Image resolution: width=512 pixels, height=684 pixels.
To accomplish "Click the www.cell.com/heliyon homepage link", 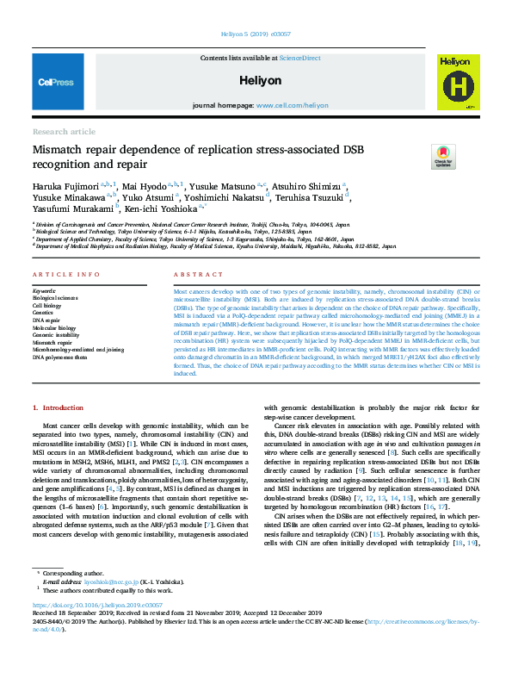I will coord(293,105).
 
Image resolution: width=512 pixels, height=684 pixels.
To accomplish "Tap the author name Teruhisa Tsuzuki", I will coord(315,196).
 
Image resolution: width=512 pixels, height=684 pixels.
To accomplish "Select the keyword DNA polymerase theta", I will coord(61,356).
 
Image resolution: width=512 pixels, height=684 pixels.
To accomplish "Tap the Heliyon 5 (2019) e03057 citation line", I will coord(256,36).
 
